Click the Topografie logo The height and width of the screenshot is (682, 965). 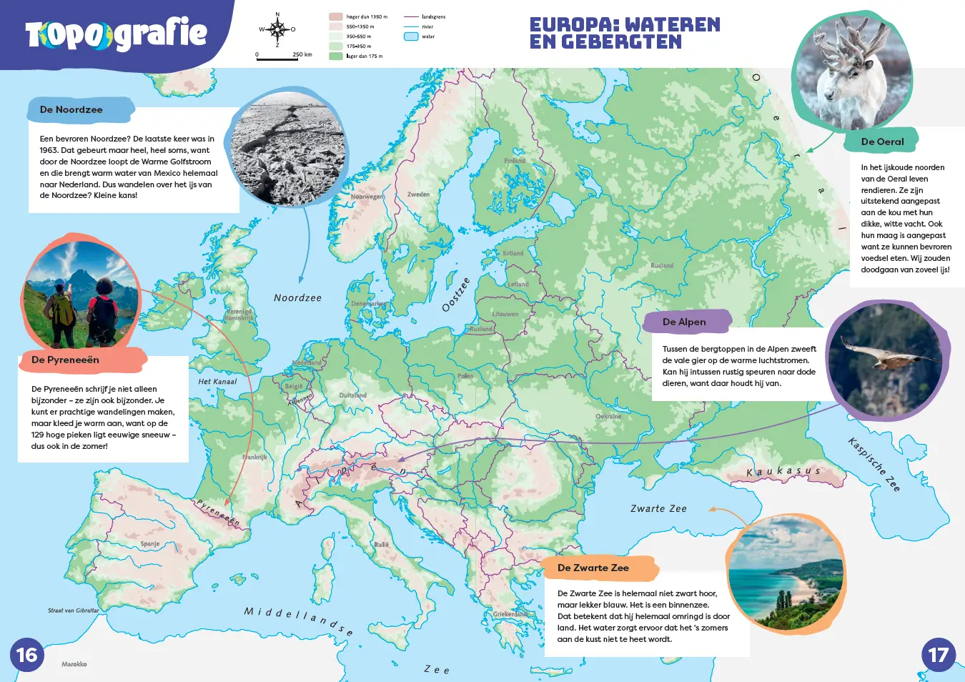pyautogui.click(x=116, y=34)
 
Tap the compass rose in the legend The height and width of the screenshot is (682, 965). pyautogui.click(x=277, y=29)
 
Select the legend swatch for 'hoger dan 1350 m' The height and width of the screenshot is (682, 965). pyautogui.click(x=335, y=16)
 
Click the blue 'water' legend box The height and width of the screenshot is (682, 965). pyautogui.click(x=411, y=36)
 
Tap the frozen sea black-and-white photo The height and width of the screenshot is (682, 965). pyautogui.click(x=287, y=149)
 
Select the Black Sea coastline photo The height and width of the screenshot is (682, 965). pyautogui.click(x=786, y=574)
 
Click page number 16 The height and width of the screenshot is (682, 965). pyautogui.click(x=26, y=655)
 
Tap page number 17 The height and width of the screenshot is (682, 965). pyautogui.click(x=938, y=655)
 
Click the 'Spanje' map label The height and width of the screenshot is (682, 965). pyautogui.click(x=150, y=544)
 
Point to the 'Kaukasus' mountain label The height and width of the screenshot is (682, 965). pyautogui.click(x=783, y=472)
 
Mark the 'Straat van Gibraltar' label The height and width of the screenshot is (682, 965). pyautogui.click(x=73, y=611)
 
